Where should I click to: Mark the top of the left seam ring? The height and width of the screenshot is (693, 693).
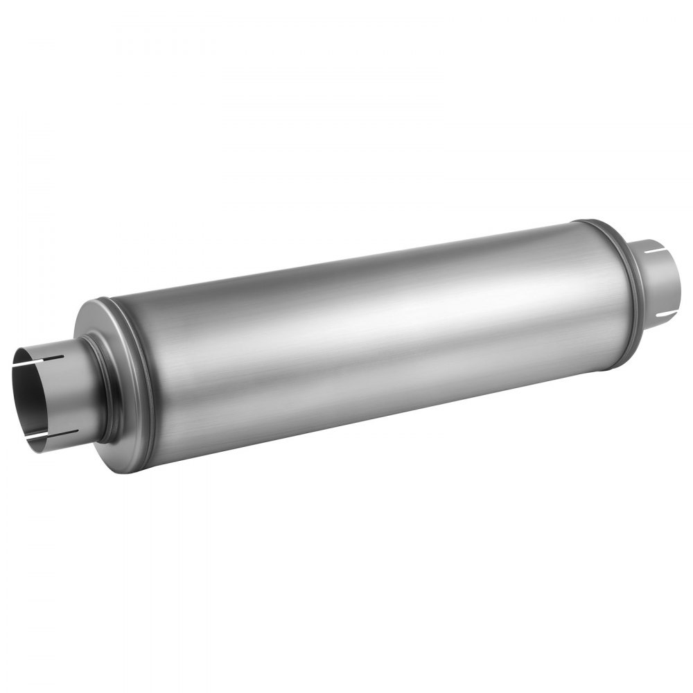(104, 300)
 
